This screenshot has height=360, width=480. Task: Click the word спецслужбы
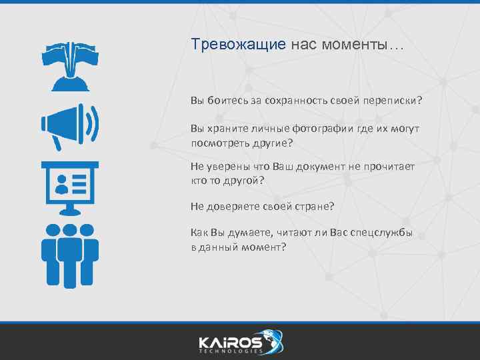(381, 233)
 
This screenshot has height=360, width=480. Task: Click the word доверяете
(233, 207)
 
